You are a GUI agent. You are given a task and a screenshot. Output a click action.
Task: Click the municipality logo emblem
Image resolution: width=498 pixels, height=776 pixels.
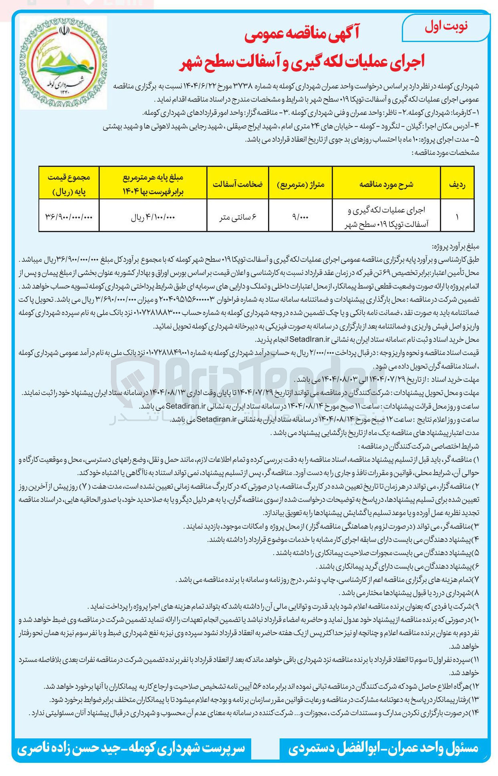tap(63, 62)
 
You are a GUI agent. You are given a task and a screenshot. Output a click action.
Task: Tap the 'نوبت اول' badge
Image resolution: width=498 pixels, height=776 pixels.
tap(446, 27)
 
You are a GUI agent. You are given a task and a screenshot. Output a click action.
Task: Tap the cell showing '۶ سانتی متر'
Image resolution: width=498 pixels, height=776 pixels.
tap(238, 217)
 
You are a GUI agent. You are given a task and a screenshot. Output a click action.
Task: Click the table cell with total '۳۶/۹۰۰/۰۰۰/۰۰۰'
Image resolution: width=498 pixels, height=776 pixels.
tap(69, 217)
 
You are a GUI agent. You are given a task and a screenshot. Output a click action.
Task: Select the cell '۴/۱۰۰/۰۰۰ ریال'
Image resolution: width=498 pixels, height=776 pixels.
tap(153, 217)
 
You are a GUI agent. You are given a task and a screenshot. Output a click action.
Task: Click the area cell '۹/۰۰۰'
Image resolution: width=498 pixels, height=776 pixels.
tap(300, 217)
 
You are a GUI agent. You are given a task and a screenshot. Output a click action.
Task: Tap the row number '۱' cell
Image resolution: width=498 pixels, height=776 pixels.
tap(457, 217)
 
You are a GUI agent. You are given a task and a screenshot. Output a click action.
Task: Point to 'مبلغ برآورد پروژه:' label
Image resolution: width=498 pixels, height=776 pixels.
tap(456, 246)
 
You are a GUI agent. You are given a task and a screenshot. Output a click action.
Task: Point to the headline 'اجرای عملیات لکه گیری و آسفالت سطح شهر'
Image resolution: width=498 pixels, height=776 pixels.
tap(301, 61)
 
